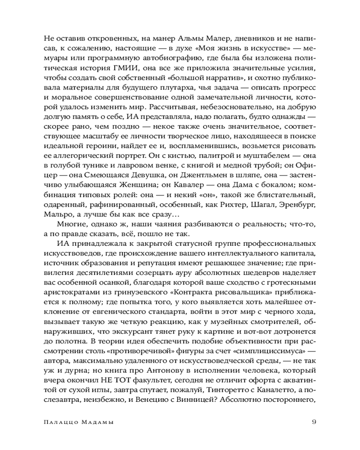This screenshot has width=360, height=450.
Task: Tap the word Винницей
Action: pos(190,399)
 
